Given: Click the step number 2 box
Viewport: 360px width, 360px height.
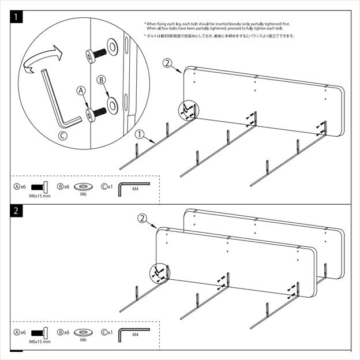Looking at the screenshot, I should [17, 211].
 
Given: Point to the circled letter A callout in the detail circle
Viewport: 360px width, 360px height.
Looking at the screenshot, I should [81, 91].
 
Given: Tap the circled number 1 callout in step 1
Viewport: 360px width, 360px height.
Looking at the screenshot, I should [139, 134].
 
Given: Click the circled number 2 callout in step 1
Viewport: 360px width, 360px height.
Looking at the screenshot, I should [168, 63].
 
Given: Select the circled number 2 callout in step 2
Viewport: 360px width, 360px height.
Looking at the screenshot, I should [142, 219].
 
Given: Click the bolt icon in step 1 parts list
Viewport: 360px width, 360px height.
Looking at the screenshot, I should [40, 187].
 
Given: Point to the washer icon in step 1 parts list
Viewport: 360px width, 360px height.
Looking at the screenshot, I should [83, 186].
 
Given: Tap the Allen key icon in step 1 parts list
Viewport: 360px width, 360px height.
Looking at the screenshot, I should [130, 188].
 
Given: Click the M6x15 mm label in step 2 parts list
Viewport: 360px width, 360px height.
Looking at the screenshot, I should [40, 342].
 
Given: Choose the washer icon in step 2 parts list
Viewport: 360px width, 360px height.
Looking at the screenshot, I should [83, 333].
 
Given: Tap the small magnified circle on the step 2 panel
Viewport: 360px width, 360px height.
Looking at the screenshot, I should [158, 272].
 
